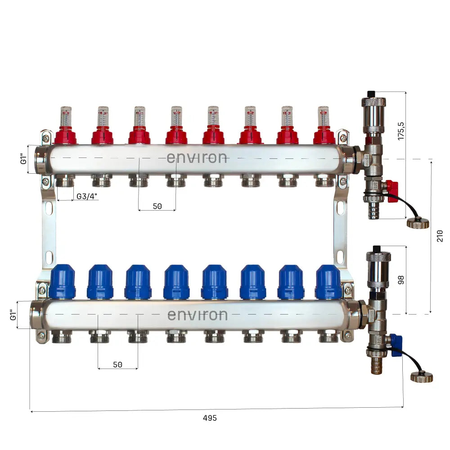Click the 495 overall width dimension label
(x=209, y=418)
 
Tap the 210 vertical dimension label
(x=440, y=236)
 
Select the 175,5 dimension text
(x=401, y=130)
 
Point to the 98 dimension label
(x=401, y=279)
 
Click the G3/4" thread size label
(x=87, y=196)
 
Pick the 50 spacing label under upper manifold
(x=157, y=207)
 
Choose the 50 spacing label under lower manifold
(x=117, y=364)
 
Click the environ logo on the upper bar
(x=197, y=158)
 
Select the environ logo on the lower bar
(x=197, y=315)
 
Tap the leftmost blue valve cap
(x=63, y=282)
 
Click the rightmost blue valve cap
(x=328, y=282)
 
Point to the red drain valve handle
(x=392, y=185)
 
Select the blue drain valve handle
(x=396, y=345)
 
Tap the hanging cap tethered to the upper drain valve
(x=418, y=223)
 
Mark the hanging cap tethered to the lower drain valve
(x=421, y=377)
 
